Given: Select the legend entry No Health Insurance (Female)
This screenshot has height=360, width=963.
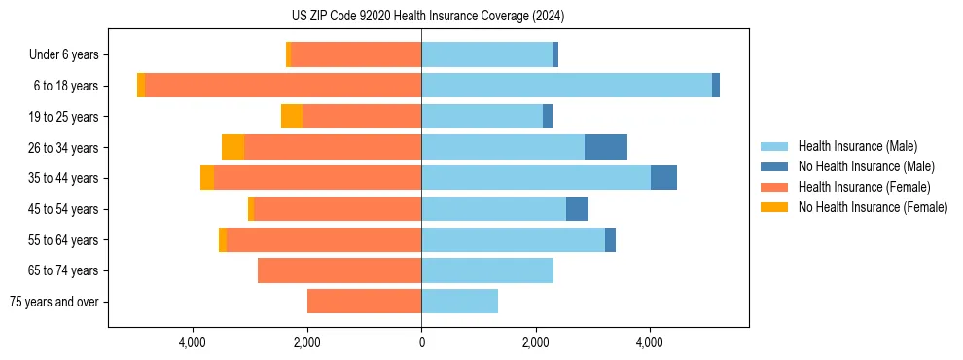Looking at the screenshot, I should [872, 207].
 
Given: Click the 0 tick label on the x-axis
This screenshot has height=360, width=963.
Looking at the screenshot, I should [421, 342].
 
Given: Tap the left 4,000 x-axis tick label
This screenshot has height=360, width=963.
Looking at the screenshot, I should [193, 342].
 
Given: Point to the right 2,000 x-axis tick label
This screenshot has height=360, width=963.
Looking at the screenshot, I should [536, 342].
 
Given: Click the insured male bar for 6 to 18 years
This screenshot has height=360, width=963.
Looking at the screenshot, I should [566, 86].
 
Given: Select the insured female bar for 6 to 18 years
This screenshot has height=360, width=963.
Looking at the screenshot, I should [283, 86].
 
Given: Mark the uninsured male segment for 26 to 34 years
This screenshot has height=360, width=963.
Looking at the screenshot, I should [606, 147].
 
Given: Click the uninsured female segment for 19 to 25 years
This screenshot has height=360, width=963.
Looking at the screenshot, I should [292, 117].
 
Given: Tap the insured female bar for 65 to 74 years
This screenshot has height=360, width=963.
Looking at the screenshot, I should [339, 270].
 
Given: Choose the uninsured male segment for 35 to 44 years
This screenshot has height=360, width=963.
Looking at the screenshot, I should [663, 178].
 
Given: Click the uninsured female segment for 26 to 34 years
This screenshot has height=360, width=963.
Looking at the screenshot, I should [232, 147].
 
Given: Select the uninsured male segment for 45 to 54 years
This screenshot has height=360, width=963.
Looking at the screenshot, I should [577, 209].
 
